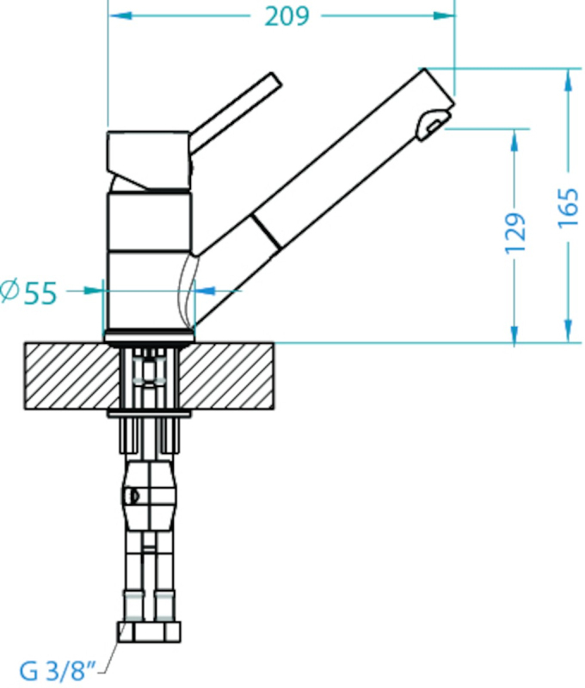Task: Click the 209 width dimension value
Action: (x=287, y=16)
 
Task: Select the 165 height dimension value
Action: (x=569, y=208)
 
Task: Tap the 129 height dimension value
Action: (x=515, y=233)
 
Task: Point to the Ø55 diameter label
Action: (x=29, y=292)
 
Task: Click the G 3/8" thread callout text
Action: (x=58, y=671)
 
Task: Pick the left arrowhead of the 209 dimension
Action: (x=120, y=15)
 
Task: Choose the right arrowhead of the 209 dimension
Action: (x=443, y=15)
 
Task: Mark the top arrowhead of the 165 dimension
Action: (x=569, y=80)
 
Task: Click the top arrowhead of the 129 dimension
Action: (x=514, y=140)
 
